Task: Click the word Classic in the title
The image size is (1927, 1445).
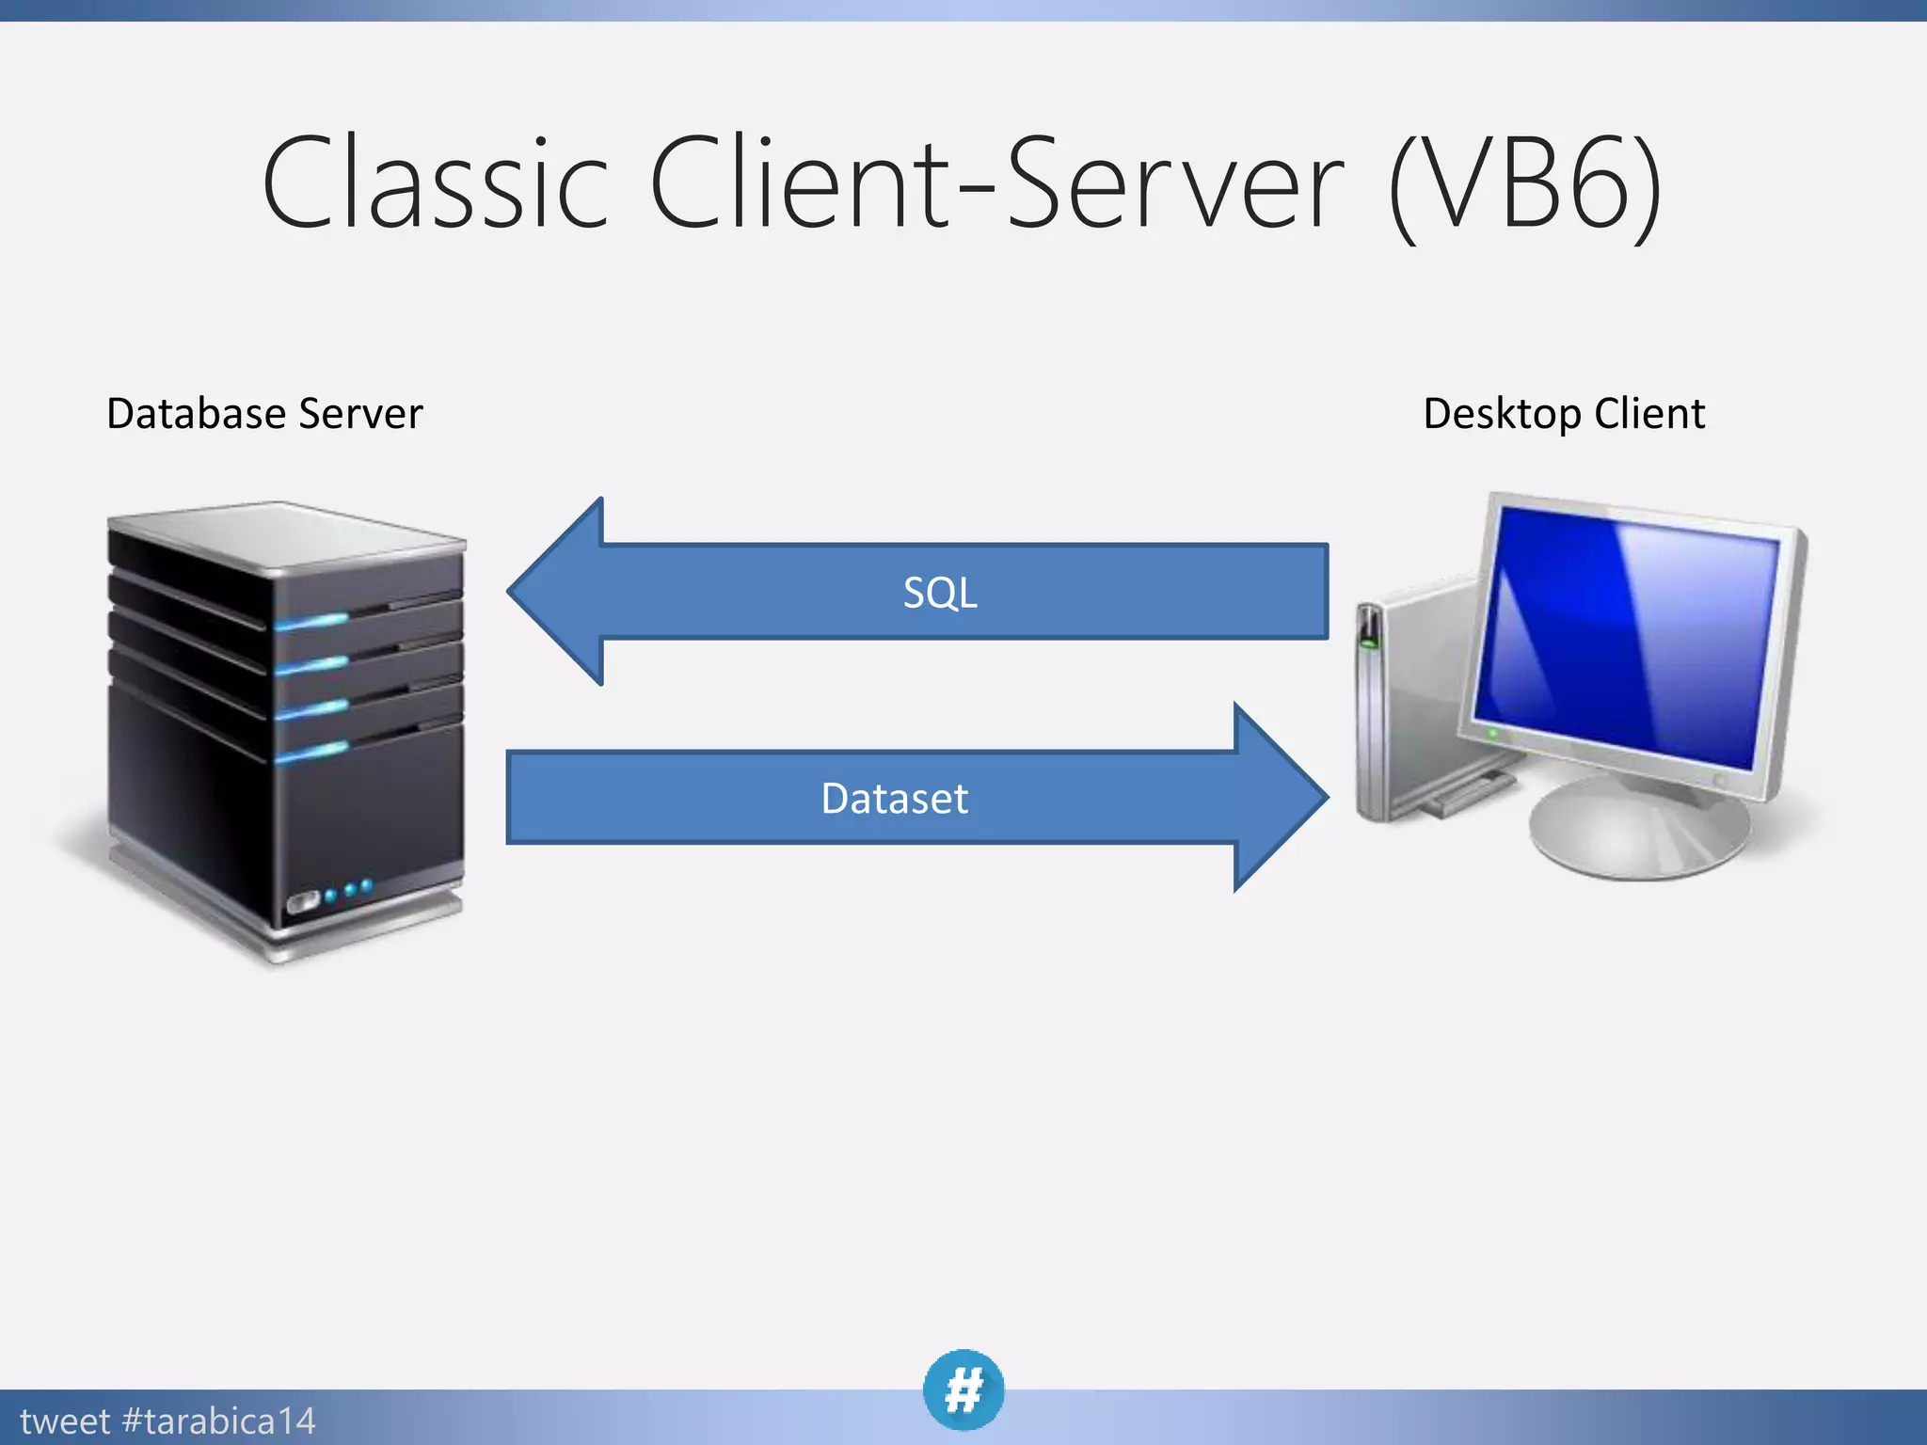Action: point(435,183)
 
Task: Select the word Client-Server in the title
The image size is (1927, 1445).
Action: point(997,183)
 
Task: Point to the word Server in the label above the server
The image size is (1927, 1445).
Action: point(360,414)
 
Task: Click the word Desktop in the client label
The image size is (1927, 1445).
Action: point(1502,414)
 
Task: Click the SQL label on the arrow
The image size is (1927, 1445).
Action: point(940,593)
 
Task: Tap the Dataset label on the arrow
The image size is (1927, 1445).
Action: point(894,799)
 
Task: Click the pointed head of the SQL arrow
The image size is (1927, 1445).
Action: point(555,591)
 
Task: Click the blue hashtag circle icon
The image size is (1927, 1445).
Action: point(963,1389)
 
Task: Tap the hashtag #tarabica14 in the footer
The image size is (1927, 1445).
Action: point(218,1421)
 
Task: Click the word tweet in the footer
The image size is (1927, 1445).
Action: point(65,1421)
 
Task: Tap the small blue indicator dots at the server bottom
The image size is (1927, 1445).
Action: point(348,890)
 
